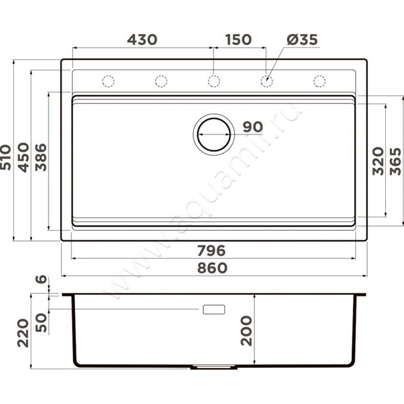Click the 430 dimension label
point(142,40)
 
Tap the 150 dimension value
point(238,40)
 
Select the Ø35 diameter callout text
point(302,40)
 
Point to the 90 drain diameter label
point(253,127)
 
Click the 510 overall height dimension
point(6,157)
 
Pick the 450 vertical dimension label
point(23,157)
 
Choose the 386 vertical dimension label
point(41,158)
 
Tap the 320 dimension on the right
point(378,161)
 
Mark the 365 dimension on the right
point(395,162)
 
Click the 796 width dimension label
point(211,250)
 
